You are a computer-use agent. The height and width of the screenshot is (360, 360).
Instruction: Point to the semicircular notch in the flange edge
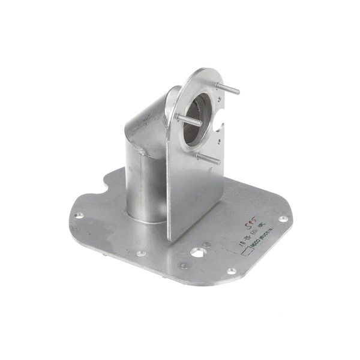[221, 127]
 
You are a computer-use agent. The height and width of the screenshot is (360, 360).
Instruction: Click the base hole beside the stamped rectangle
[230, 271]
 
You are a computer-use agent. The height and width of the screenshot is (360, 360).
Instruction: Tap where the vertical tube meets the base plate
[144, 219]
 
